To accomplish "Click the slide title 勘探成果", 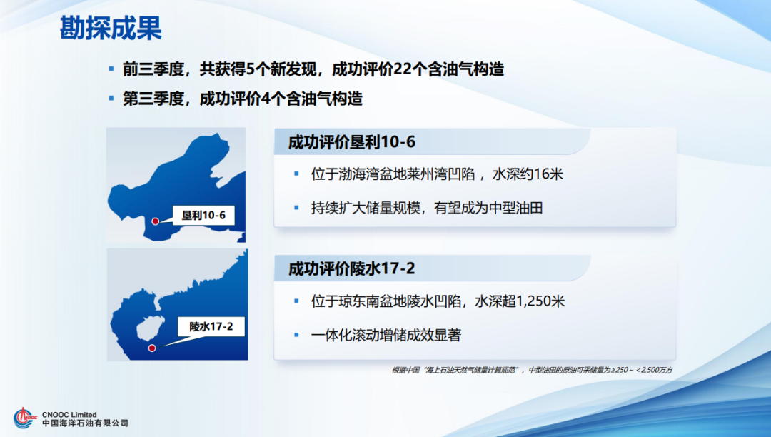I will pyautogui.click(x=110, y=29).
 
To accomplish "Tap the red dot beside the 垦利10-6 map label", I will pyautogui.click(x=155, y=222).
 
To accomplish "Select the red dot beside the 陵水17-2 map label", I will pyautogui.click(x=152, y=348).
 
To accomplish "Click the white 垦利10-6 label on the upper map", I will pyautogui.click(x=203, y=214).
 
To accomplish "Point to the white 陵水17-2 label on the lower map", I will pyautogui.click(x=211, y=328).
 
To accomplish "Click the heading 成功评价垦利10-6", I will pyautogui.click(x=351, y=142).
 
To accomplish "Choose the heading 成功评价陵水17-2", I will pyautogui.click(x=351, y=269).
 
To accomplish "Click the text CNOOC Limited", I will pyautogui.click(x=69, y=414).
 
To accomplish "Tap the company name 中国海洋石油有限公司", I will pyautogui.click(x=85, y=424).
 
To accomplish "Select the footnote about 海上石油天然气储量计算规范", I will pyautogui.click(x=531, y=370).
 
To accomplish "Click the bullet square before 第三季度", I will pyautogui.click(x=111, y=97).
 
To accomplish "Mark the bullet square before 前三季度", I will pyautogui.click(x=111, y=69).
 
